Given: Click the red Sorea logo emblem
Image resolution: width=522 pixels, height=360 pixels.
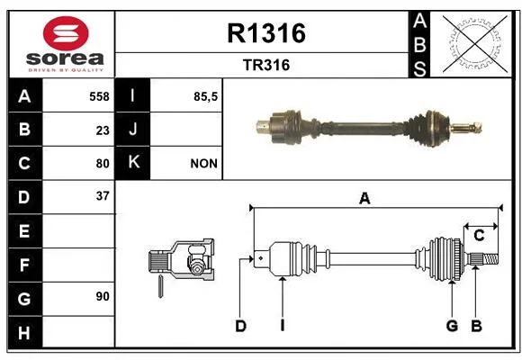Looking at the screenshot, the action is [66, 33].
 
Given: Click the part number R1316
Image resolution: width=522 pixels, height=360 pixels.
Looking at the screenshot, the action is [266, 33].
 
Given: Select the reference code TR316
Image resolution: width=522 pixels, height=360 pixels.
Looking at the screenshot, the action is [266, 65].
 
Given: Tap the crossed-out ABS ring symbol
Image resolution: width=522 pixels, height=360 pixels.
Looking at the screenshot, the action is [475, 44].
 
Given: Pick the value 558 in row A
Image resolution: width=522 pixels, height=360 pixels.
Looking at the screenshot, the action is [99, 96].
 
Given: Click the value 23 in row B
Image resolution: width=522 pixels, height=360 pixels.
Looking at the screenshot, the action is [103, 130].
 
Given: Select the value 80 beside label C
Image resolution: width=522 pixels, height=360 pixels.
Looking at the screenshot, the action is [103, 164].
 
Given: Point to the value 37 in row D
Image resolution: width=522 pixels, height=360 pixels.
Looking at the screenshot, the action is [103, 196].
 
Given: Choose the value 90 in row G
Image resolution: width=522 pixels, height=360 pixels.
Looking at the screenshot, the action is [103, 296].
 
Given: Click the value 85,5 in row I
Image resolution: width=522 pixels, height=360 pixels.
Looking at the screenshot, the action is [205, 96].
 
